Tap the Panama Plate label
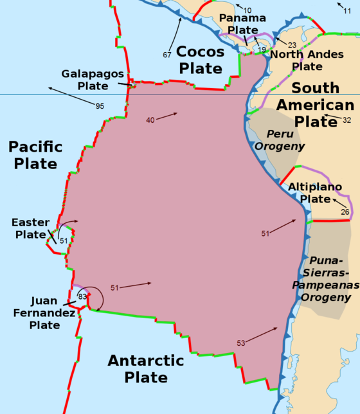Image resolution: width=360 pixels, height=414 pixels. [242, 24]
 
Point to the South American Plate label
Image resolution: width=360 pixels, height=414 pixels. [315, 104]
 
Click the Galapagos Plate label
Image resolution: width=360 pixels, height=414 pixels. [93, 79]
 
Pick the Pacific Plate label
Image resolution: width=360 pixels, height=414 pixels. [36, 155]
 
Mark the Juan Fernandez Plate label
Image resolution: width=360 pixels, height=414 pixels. [44, 312]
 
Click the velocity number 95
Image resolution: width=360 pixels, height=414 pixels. [100, 105]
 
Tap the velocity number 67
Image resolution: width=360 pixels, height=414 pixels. [166, 55]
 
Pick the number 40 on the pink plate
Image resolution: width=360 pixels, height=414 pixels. [150, 120]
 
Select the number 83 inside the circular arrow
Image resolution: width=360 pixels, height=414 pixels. [82, 296]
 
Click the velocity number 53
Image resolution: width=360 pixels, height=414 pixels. [240, 343]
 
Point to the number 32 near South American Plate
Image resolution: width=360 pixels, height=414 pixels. [346, 120]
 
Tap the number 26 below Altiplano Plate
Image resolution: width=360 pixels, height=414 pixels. [345, 212]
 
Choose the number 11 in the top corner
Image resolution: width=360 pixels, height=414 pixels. [348, 12]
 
